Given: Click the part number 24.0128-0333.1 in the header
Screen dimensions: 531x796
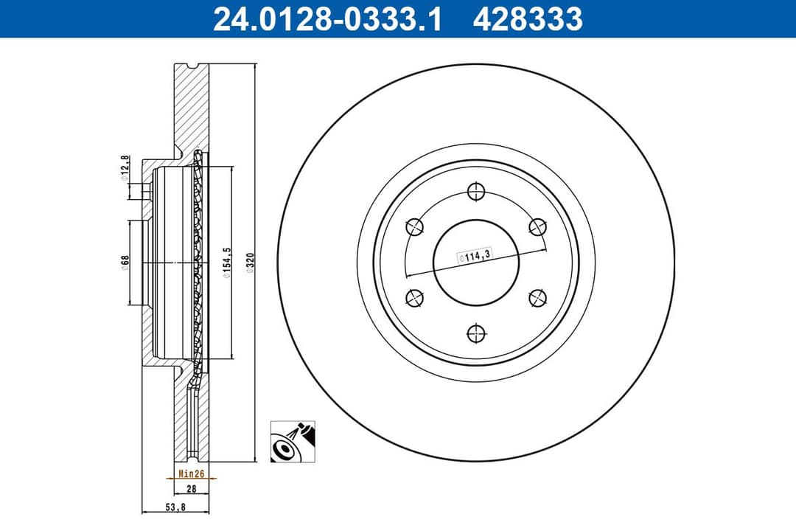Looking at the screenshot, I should [x=327, y=20].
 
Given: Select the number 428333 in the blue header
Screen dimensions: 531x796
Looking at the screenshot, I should [x=527, y=20].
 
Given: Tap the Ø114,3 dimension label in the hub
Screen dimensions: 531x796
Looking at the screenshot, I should [x=475, y=257].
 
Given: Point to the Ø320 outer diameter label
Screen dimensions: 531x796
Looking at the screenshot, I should [x=250, y=264].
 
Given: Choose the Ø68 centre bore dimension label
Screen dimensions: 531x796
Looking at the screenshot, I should [x=125, y=263].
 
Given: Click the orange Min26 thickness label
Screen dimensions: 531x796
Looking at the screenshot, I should [x=191, y=473].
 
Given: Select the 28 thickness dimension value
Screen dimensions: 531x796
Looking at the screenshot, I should [x=191, y=489].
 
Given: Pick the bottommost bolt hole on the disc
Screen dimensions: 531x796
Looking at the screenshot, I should [x=475, y=333].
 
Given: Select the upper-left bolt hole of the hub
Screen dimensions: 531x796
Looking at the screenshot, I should [x=415, y=227].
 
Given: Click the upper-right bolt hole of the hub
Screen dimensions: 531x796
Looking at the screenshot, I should [x=537, y=227].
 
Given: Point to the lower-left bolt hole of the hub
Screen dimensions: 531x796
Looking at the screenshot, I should [x=415, y=298].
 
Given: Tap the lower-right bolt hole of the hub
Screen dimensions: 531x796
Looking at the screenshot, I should [x=537, y=298].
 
